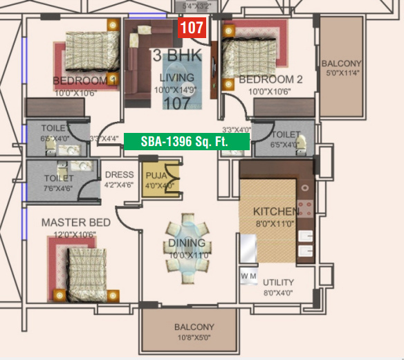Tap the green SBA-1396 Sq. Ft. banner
pyautogui.click(x=186, y=141)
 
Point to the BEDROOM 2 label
pyautogui.click(x=270, y=80)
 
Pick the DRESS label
pyautogui.click(x=118, y=175)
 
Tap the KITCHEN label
pyautogui.click(x=276, y=211)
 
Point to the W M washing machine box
pyautogui.click(x=248, y=276)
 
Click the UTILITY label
pyautogui.click(x=278, y=282)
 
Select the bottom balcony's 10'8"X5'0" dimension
pyautogui.click(x=194, y=339)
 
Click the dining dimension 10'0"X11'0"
pyautogui.click(x=187, y=255)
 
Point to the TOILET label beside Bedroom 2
pyautogui.click(x=286, y=134)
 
